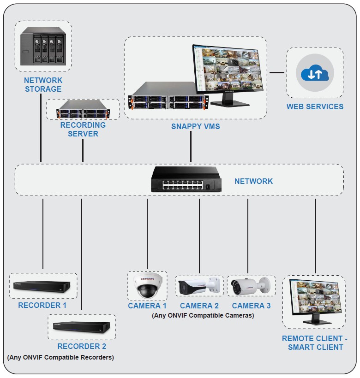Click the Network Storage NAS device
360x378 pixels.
(43, 45)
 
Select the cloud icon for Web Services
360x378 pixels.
(315, 73)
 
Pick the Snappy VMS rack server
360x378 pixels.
(168, 96)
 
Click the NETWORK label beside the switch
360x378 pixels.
(253, 181)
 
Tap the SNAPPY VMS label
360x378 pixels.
(196, 126)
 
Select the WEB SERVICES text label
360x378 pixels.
(315, 106)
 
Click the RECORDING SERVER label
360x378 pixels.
(83, 130)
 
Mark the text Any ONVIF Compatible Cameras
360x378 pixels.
(203, 316)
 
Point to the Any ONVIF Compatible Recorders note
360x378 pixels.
(60, 357)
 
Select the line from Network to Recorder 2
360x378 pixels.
(81, 254)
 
